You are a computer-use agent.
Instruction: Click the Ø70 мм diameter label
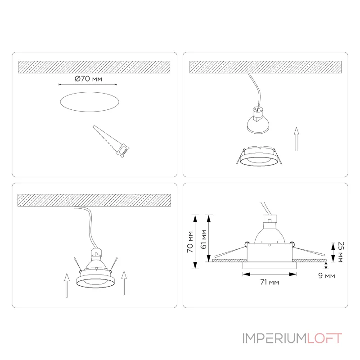(88, 79)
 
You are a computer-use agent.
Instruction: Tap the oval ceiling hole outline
(90, 92)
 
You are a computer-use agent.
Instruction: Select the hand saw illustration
(111, 141)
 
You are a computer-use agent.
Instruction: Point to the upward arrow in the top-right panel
(297, 139)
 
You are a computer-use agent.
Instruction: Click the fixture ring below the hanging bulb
(259, 156)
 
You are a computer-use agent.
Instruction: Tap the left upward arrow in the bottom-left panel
(67, 285)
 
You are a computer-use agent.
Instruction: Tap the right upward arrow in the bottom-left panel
(124, 283)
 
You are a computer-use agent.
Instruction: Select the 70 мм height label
(190, 242)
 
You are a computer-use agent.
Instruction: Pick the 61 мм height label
(204, 239)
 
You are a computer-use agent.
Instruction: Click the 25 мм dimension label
(341, 252)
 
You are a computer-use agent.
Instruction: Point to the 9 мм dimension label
(327, 275)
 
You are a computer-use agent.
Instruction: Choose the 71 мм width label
(270, 282)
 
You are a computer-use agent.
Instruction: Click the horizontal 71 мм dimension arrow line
(270, 274)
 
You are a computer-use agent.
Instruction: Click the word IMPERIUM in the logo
(274, 338)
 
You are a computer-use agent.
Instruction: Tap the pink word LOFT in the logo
(324, 338)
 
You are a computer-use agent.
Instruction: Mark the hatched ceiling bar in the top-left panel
(94, 67)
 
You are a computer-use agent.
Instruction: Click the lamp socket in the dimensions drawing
(270, 219)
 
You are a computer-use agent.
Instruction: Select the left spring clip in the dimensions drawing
(231, 252)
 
